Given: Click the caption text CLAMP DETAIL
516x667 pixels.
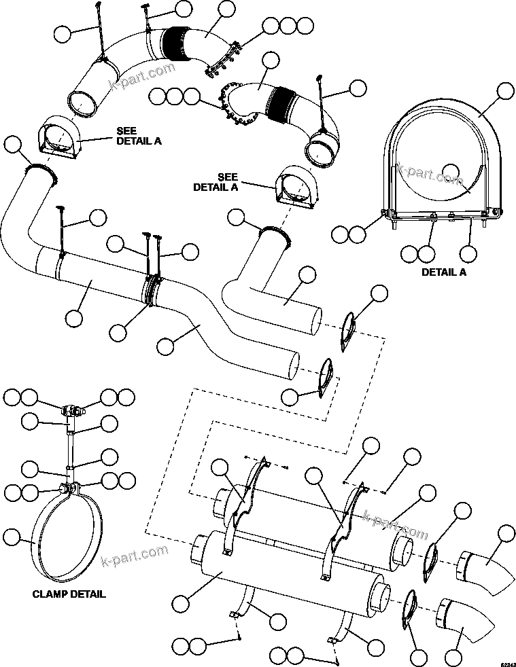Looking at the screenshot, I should click(x=69, y=594).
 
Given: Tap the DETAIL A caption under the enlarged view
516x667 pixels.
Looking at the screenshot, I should click(x=444, y=272).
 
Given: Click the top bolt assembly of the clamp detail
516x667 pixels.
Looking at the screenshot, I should click(x=71, y=410).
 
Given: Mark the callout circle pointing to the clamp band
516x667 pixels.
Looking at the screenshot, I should click(x=12, y=537).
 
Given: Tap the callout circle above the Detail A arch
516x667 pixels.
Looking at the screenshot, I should click(x=506, y=92).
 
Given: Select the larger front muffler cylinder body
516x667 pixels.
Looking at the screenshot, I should click(x=286, y=581).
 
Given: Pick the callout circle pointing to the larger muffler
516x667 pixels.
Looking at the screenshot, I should click(x=182, y=603).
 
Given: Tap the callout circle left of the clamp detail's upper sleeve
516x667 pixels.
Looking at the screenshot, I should click(x=30, y=422).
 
